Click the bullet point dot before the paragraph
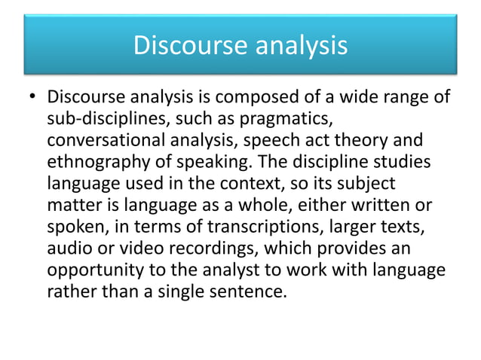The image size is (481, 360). click(x=32, y=99)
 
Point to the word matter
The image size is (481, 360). click(x=73, y=204)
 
